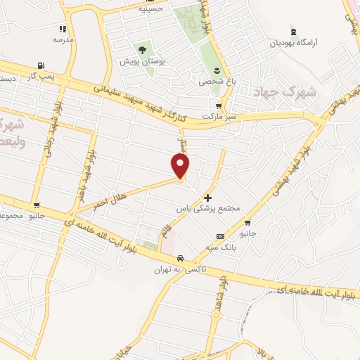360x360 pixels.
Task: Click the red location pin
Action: [181, 165]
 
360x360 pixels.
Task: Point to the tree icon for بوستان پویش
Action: [142, 49]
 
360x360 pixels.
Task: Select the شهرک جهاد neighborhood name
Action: [295, 93]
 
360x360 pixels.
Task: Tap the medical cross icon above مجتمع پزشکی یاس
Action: [207, 198]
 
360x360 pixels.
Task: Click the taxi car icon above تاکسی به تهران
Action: [181, 258]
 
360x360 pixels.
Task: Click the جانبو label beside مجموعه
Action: [34, 215]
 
